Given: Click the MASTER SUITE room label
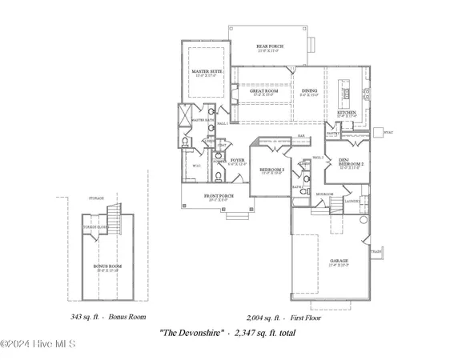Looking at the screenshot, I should [x=206, y=72].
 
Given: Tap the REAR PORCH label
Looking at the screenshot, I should [x=269, y=47].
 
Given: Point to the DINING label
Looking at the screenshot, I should [x=309, y=91].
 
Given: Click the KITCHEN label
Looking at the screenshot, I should [x=346, y=114].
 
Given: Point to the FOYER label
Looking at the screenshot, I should [x=237, y=161].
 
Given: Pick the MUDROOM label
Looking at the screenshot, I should [x=324, y=194].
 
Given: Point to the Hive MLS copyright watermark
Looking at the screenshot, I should [x=38, y=345].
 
